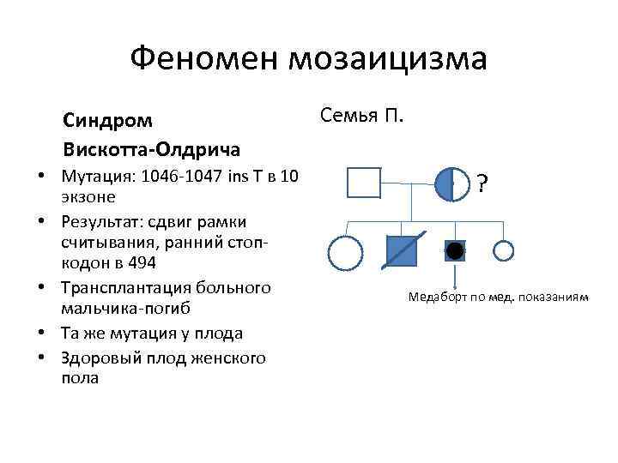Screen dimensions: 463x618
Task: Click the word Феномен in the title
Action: click(203, 59)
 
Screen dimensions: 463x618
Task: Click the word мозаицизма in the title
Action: click(388, 59)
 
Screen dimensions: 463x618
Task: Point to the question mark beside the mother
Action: click(483, 183)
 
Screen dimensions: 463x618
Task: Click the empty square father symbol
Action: click(363, 183)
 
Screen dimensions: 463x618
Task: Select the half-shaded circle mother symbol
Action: click(452, 183)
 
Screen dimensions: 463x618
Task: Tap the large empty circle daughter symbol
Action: click(345, 251)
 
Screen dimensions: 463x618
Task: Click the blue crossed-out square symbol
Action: click(403, 250)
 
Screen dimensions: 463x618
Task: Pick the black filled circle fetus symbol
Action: click(454, 250)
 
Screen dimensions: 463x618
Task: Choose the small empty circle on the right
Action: click(504, 250)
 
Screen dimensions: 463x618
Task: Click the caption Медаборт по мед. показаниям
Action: click(499, 298)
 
